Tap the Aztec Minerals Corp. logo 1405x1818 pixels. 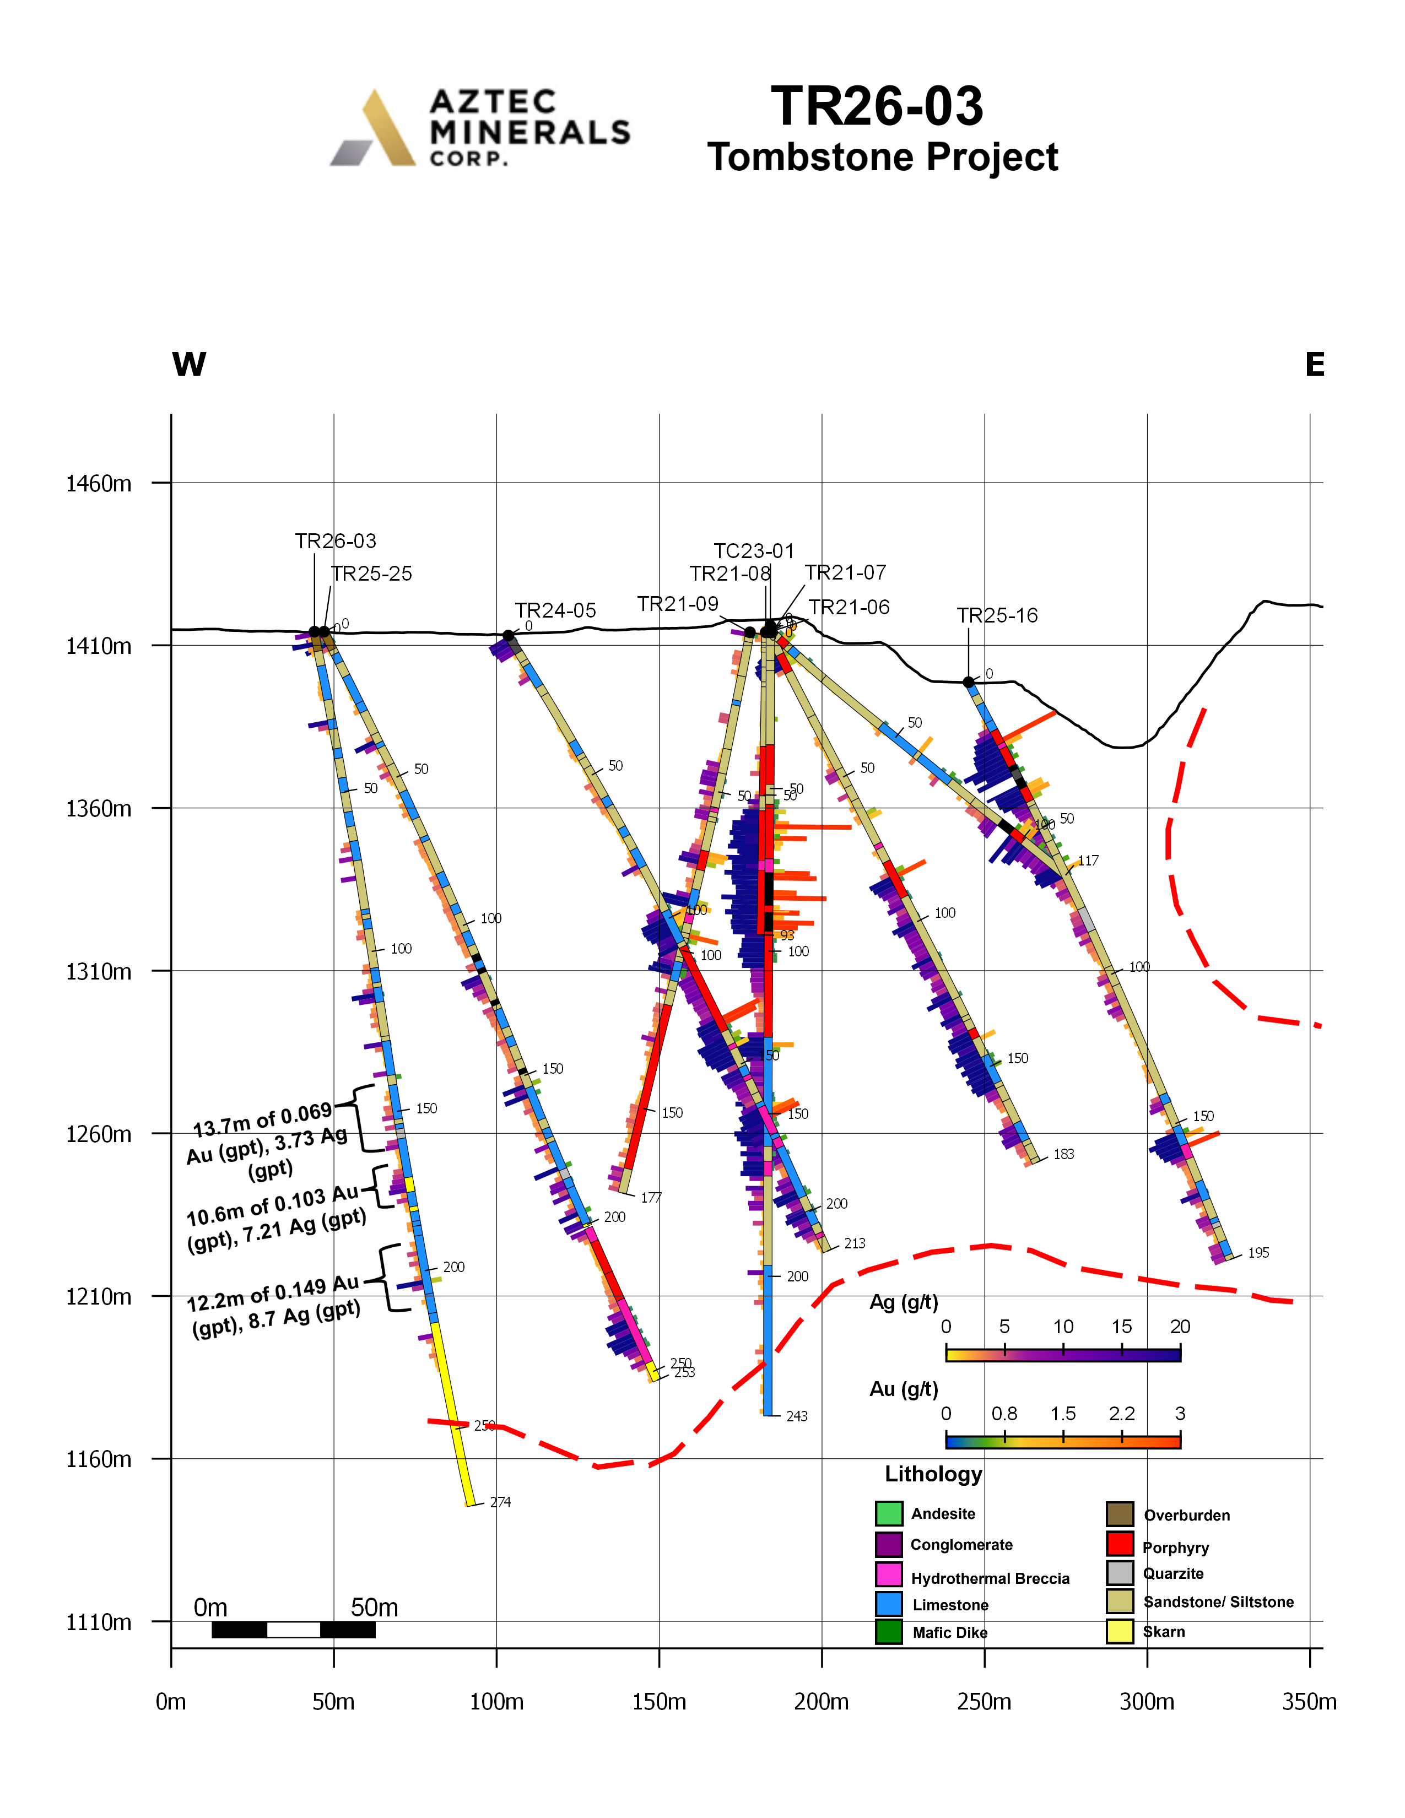(x=480, y=128)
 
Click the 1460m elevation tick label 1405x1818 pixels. (x=98, y=484)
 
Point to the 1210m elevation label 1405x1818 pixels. (x=98, y=1297)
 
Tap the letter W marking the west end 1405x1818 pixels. (x=189, y=365)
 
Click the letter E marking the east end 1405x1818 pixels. (x=1314, y=365)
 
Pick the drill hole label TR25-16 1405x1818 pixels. (x=997, y=616)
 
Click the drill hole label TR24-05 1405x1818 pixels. (x=555, y=611)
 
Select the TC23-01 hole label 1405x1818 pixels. (x=754, y=551)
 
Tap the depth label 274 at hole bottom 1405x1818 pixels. (x=500, y=1502)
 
